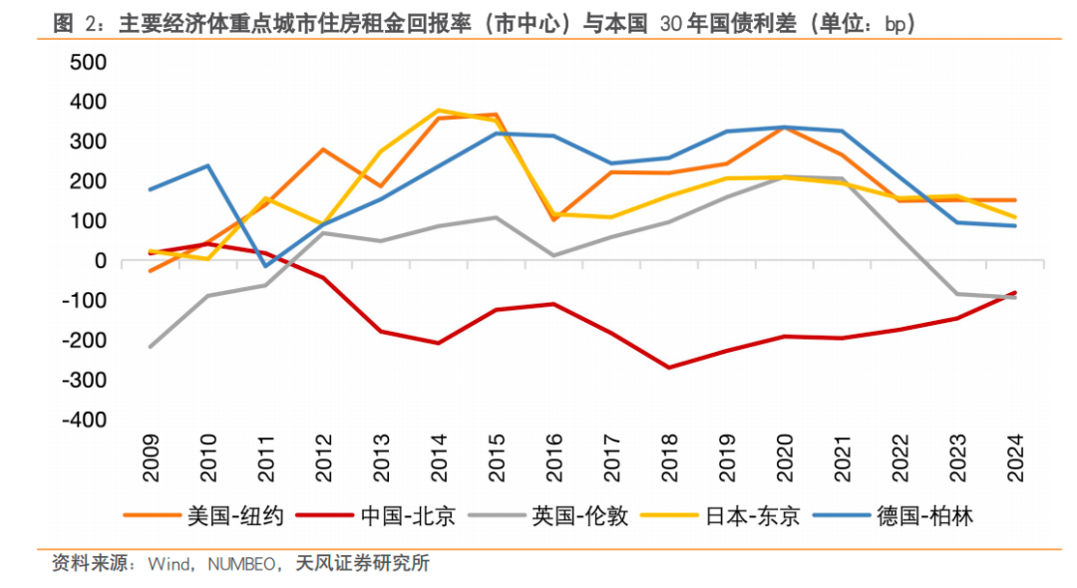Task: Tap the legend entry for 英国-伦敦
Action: (580, 515)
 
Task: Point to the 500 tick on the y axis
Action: (87, 62)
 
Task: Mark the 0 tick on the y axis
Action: (100, 261)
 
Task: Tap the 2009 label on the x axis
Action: (151, 457)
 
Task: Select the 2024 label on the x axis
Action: (1015, 457)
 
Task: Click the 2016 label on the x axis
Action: (554, 457)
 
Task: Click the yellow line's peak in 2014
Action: (439, 110)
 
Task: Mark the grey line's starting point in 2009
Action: (151, 347)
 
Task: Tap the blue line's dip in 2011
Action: (265, 266)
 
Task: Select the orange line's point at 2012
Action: (323, 149)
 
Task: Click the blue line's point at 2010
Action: (207, 165)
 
